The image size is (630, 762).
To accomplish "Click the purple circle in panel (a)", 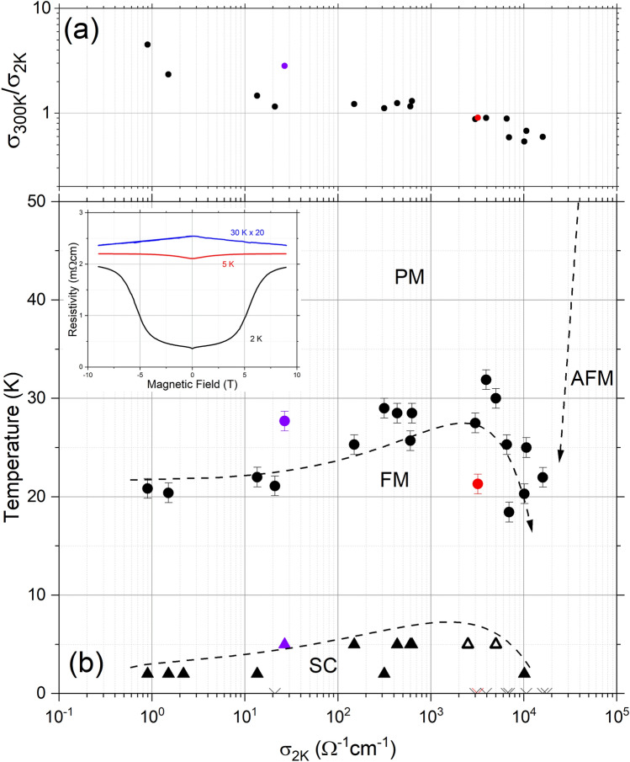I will click(x=284, y=66).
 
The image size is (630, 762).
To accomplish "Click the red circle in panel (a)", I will click(x=478, y=118).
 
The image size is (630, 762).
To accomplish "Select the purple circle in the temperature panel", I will click(x=284, y=421).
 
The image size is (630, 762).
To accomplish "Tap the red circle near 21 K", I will click(x=478, y=483).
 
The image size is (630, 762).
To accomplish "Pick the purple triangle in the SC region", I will click(x=284, y=644).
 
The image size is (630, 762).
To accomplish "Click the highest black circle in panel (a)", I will click(x=147, y=45).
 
